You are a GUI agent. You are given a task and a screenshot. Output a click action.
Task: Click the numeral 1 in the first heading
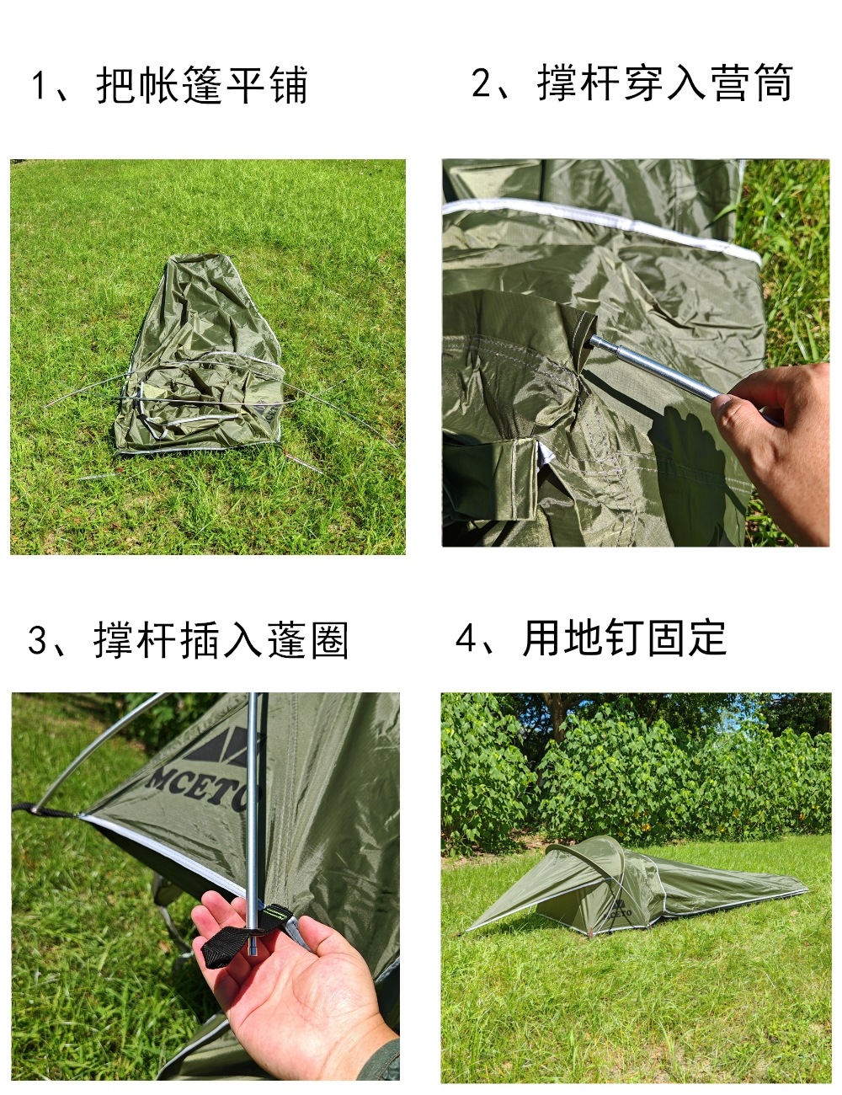(x=39, y=86)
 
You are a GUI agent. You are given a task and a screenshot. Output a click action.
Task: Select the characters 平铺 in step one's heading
(x=267, y=86)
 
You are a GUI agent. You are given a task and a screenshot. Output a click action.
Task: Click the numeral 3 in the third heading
(x=39, y=640)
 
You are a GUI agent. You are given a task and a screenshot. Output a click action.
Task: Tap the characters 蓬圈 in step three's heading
(x=307, y=640)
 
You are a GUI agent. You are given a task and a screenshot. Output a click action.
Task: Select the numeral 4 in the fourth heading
(x=466, y=638)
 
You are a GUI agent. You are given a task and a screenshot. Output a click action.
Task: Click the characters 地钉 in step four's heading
(x=602, y=638)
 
